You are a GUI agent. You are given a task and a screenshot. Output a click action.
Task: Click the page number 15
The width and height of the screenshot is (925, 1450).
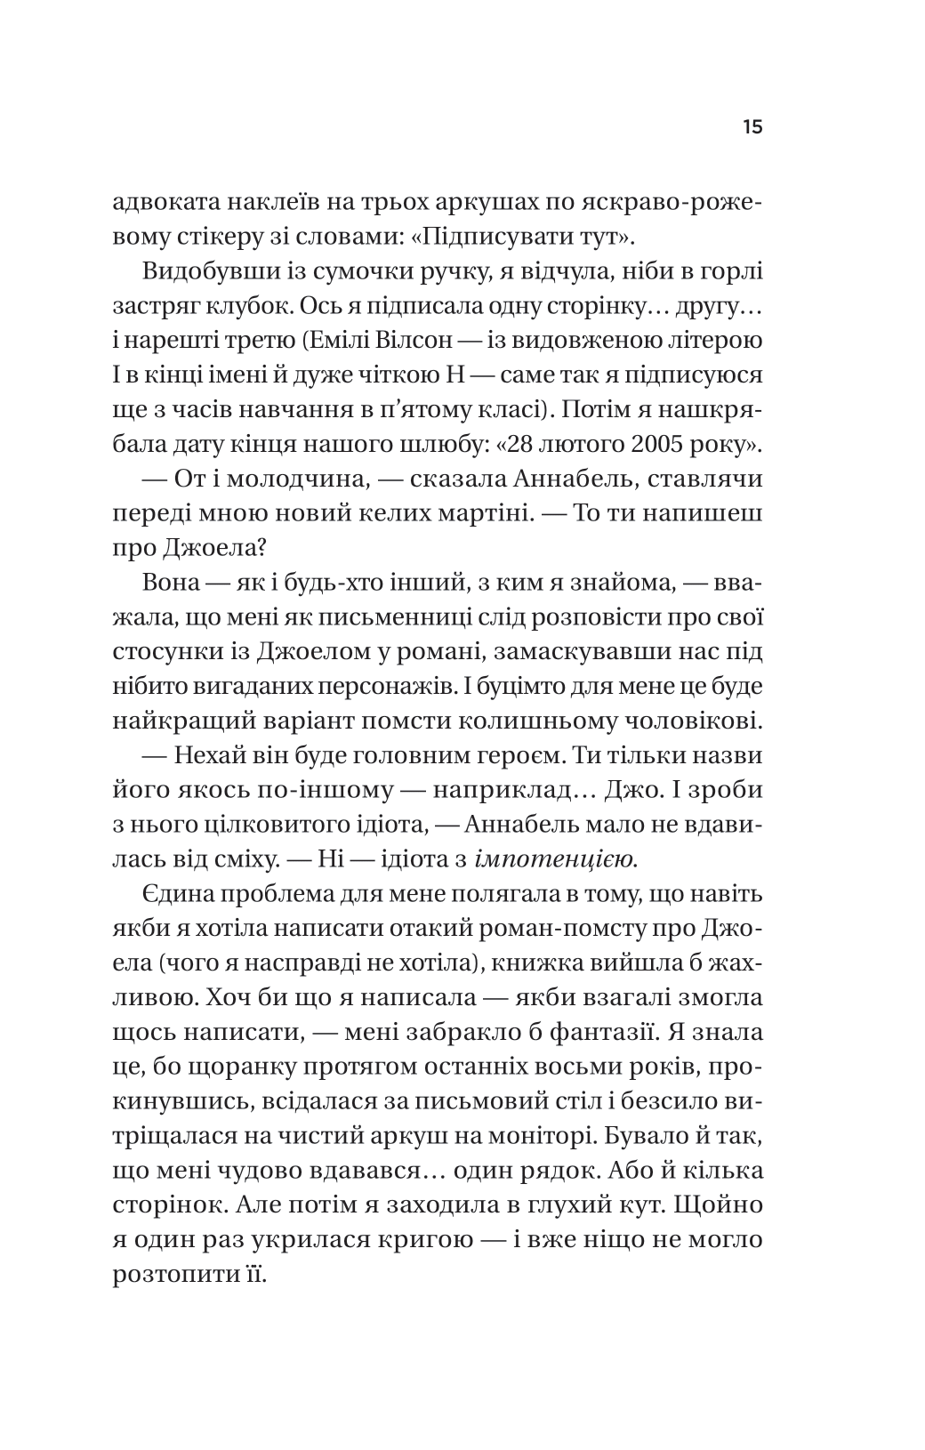pyautogui.click(x=752, y=127)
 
